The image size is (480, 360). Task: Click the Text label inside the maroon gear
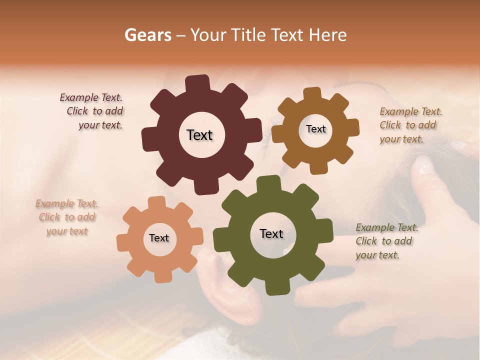(x=199, y=135)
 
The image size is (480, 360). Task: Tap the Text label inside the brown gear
(x=315, y=129)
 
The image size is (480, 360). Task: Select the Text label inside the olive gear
(x=271, y=233)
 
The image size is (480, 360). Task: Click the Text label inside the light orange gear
(x=159, y=238)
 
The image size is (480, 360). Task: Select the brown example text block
(x=410, y=125)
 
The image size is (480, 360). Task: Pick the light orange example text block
(x=67, y=217)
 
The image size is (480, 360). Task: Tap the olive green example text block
(x=386, y=241)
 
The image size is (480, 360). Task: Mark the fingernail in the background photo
(x=424, y=164)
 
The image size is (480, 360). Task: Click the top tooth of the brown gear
(x=312, y=94)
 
